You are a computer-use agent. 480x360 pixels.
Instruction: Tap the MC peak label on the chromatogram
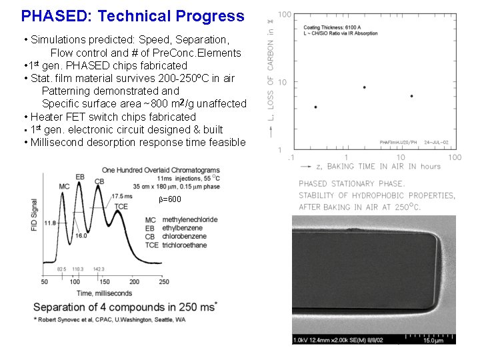point(64,186)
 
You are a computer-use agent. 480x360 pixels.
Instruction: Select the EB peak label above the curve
point(80,177)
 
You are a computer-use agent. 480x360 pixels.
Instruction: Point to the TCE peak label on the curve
point(121,207)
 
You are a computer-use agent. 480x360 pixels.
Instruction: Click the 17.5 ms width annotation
point(122,196)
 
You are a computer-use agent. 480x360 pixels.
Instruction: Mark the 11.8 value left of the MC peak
point(49,223)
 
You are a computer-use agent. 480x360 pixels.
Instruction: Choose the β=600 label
point(169,199)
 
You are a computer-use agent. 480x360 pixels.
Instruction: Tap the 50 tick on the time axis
point(44,282)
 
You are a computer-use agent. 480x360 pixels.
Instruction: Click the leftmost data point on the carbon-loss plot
point(315,107)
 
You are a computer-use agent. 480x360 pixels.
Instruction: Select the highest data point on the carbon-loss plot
point(364,87)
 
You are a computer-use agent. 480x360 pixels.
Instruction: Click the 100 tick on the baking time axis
point(455,157)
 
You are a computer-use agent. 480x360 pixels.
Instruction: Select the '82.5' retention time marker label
point(61,269)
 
